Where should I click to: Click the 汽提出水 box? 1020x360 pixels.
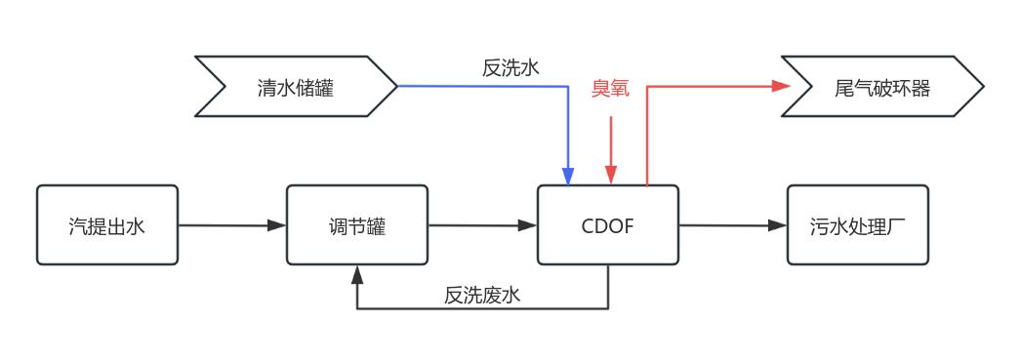[107, 225]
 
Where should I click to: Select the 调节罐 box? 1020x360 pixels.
[357, 225]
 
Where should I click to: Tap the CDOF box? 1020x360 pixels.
[609, 225]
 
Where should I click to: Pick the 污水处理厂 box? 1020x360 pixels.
[858, 225]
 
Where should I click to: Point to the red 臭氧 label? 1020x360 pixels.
[610, 89]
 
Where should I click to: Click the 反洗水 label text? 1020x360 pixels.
[510, 67]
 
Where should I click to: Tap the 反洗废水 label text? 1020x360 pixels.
[482, 295]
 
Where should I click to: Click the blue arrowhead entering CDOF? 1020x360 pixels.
[569, 177]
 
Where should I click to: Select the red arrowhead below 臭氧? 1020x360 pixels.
[611, 177]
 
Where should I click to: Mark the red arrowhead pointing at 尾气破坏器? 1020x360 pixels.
[781, 86]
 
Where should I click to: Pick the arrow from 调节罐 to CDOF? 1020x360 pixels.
[482, 225]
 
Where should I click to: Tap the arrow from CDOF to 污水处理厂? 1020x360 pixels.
[732, 225]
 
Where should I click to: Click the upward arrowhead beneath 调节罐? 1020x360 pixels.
[357, 272]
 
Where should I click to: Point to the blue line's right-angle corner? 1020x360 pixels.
[569, 87]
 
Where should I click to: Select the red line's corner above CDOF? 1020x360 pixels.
[647, 87]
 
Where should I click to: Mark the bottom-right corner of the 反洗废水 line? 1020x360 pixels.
[609, 309]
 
